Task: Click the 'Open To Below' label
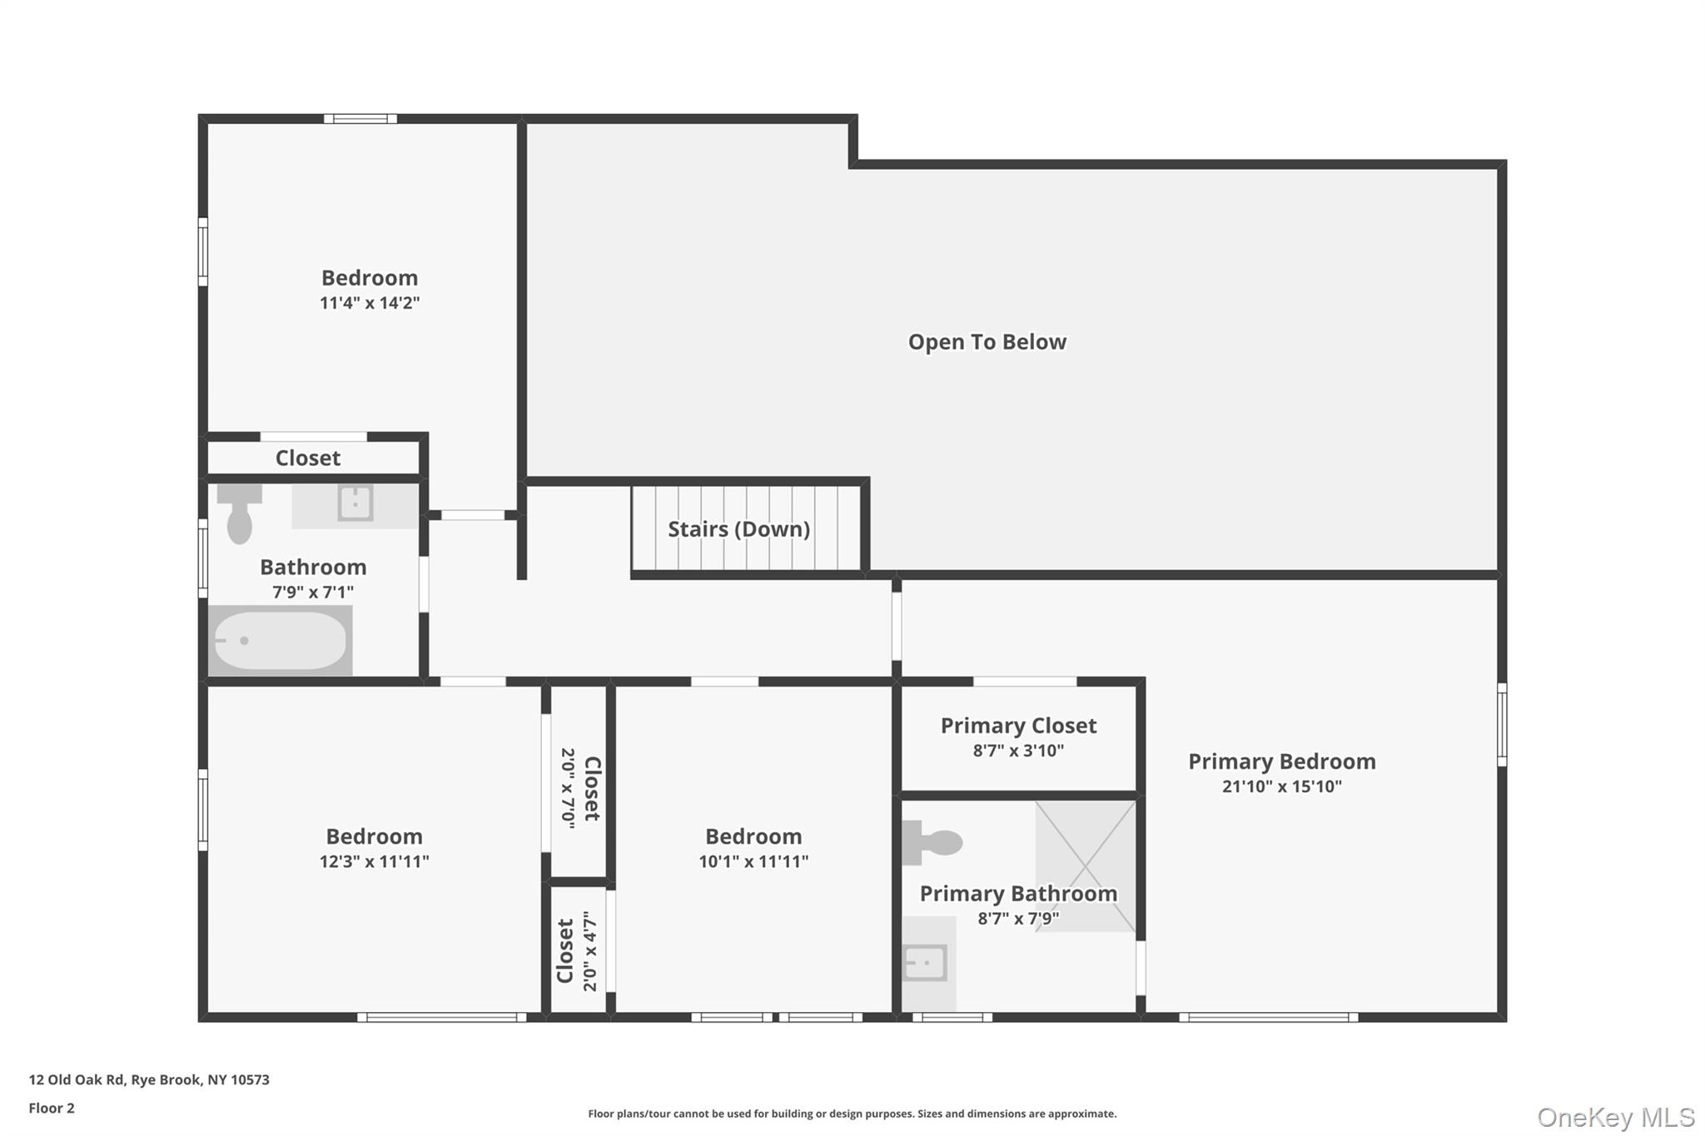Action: coord(987,342)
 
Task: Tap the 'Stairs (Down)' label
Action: coord(738,529)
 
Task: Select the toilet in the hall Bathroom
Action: coord(239,513)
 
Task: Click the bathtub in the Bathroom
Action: coord(280,640)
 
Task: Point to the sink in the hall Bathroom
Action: coord(355,504)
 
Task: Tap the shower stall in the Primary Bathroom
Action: coord(1085,866)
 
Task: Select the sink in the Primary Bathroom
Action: coord(925,963)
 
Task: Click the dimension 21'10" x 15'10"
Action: coord(1281,786)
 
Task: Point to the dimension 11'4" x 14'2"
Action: coord(370,303)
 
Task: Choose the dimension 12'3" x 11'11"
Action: coord(374,861)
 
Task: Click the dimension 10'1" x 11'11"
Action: coord(753,861)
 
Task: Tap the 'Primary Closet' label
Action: coord(1018,726)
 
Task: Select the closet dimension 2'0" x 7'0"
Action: coord(569,787)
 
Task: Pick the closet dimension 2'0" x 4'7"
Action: coord(590,950)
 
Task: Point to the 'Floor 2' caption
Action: coord(52,1108)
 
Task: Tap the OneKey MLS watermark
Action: coord(1615,1117)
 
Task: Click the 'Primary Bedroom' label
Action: coord(1281,761)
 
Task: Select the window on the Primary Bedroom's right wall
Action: coord(1501,724)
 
